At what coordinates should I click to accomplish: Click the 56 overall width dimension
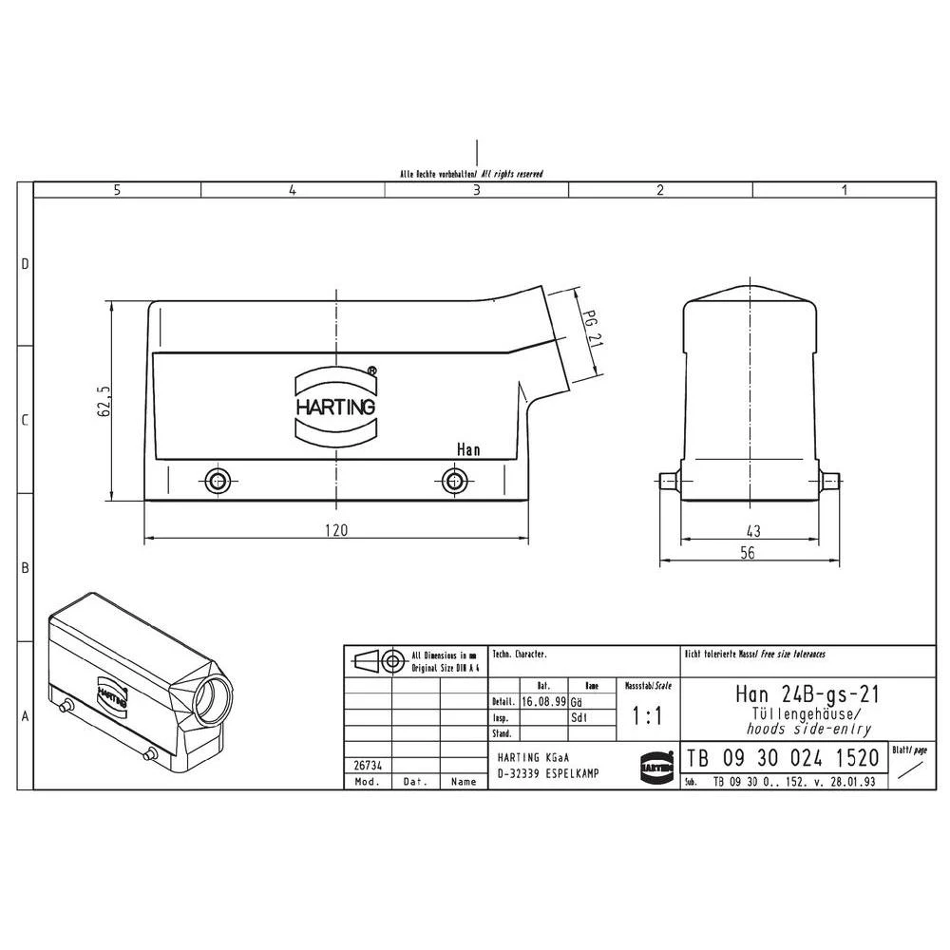point(747,553)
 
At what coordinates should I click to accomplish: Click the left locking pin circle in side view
point(218,480)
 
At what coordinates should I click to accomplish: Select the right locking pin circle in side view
point(455,480)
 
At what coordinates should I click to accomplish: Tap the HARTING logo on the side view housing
point(335,405)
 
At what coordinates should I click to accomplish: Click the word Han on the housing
point(467,449)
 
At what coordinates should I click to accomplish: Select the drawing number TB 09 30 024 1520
point(783,759)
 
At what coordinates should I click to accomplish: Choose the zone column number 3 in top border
point(477,190)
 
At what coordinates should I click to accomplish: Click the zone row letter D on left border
point(26,264)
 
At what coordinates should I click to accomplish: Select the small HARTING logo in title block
point(655,762)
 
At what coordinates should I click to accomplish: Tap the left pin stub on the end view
point(668,481)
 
